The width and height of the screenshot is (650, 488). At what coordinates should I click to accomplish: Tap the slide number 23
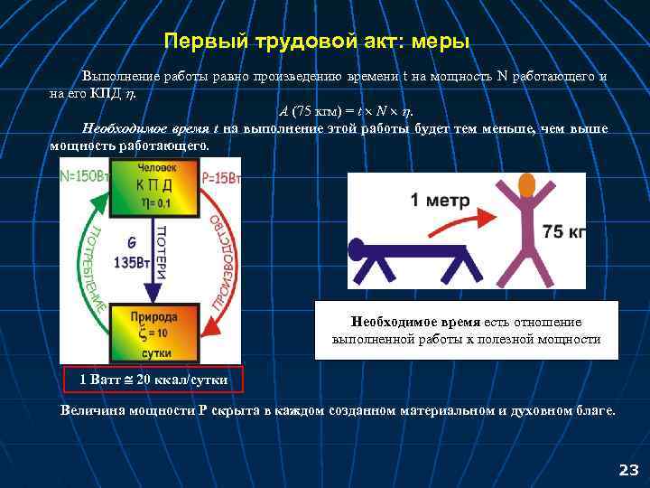point(627,470)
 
